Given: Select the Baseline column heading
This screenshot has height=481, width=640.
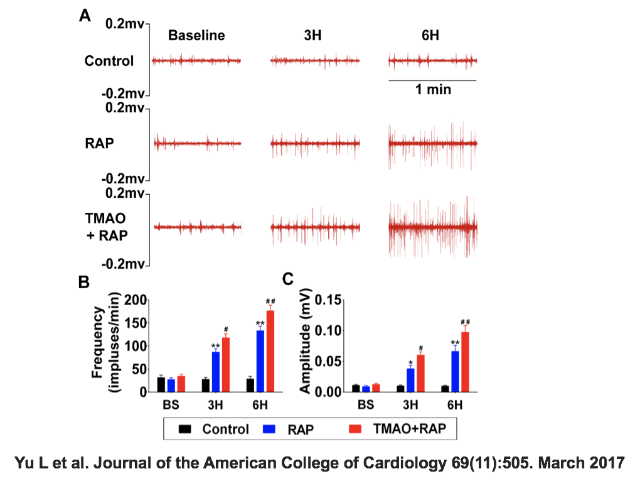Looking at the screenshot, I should click(x=196, y=35).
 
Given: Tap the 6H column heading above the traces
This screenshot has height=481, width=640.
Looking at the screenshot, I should click(x=430, y=35).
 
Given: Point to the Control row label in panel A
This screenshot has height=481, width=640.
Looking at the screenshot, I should click(x=109, y=61).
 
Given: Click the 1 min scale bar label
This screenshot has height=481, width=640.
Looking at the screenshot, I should click(x=433, y=90).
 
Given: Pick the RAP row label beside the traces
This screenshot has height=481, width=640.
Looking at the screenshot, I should click(x=100, y=143).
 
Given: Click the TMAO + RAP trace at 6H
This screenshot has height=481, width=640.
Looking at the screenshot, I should click(x=433, y=227).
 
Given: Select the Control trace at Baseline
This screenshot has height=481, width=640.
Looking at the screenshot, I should click(x=196, y=61).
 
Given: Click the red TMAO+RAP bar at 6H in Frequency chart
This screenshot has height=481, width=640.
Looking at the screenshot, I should click(x=270, y=352).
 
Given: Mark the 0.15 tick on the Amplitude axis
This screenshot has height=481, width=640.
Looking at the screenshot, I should click(x=331, y=300).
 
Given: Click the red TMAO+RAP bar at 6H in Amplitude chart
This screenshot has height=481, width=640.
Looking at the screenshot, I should click(x=466, y=362).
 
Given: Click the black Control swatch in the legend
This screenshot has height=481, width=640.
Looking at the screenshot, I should click(x=185, y=430).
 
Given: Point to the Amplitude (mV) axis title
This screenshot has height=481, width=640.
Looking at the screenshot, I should click(x=306, y=347).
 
